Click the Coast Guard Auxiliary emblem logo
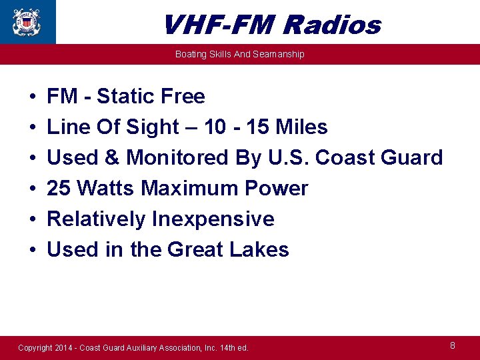coord(27,21)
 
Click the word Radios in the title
coord(331,25)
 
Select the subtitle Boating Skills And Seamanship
coord(239,54)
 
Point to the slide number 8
coord(453,345)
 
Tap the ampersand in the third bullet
coord(110,158)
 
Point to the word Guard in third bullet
coord(413,158)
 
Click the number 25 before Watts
coord(59,189)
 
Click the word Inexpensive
coord(213,219)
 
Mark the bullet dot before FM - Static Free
coord(33,97)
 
